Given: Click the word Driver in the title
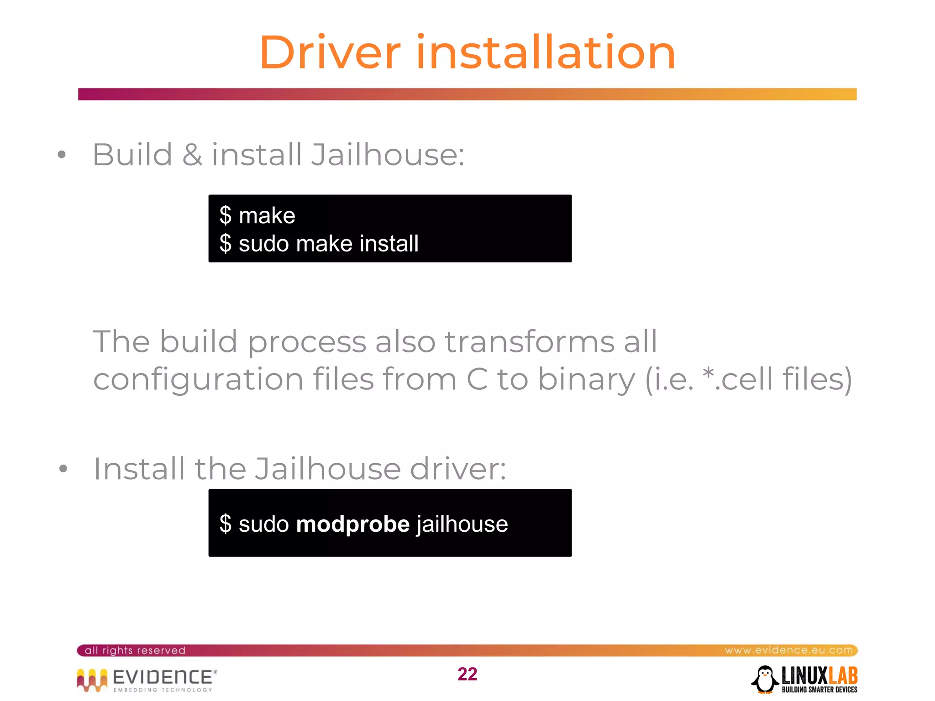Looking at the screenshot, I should (330, 53).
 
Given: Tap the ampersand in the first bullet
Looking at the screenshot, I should (192, 155).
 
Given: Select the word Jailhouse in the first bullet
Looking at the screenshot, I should (387, 155).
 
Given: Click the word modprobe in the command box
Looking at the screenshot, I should (353, 524).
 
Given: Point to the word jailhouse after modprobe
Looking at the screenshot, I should (462, 524).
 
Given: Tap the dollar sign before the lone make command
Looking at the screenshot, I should (225, 215).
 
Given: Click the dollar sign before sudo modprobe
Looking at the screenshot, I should (225, 524).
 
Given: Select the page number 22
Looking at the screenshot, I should (467, 674).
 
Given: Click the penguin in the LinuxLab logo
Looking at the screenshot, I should (765, 679).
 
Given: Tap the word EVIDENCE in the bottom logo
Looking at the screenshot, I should (163, 677).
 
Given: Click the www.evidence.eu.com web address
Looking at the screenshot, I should (788, 650).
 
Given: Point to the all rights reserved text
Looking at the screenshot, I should (135, 650).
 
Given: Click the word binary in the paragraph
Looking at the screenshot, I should (586, 380).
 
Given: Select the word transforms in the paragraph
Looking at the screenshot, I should (530, 341).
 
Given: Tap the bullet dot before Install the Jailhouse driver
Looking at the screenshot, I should (63, 469).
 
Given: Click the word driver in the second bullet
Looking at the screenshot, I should (458, 469).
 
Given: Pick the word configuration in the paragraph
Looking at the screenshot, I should (198, 380).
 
